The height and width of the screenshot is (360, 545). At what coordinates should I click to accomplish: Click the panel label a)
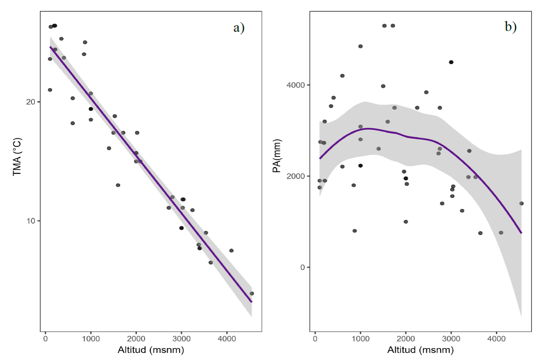point(239,28)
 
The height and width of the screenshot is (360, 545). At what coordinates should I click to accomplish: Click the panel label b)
point(511,26)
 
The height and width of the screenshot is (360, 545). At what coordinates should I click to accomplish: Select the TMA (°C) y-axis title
point(17,157)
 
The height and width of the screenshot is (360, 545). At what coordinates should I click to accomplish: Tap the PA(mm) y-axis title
point(277,156)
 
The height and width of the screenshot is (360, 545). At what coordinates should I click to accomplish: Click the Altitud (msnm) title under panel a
point(151,350)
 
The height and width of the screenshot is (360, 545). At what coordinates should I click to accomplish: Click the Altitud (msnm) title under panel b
point(420,350)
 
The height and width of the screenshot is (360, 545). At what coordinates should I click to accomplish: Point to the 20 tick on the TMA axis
point(30,102)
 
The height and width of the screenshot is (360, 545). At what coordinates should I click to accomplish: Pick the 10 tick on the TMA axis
point(30,221)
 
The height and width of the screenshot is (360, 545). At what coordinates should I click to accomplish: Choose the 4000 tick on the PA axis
point(296,85)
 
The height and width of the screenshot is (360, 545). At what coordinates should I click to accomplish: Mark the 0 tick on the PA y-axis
point(303,267)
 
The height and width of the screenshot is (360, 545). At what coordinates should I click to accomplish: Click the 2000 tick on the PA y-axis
point(296,176)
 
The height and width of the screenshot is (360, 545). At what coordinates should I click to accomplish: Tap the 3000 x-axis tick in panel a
point(181,339)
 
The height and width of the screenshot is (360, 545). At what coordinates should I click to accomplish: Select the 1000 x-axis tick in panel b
point(360,339)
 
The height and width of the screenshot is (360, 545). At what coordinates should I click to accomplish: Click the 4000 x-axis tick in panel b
point(496,339)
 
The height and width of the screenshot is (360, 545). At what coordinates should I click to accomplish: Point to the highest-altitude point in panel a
point(252,293)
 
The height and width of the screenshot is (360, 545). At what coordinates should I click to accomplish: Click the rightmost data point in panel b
point(521,203)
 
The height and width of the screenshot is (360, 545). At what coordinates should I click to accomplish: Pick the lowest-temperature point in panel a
point(252,293)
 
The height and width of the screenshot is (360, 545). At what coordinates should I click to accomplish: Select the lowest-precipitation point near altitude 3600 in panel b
point(480,233)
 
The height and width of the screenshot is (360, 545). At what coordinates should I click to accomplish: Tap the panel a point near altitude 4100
point(231,251)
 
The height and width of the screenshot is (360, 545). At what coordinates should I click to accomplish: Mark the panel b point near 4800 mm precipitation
point(360,46)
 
